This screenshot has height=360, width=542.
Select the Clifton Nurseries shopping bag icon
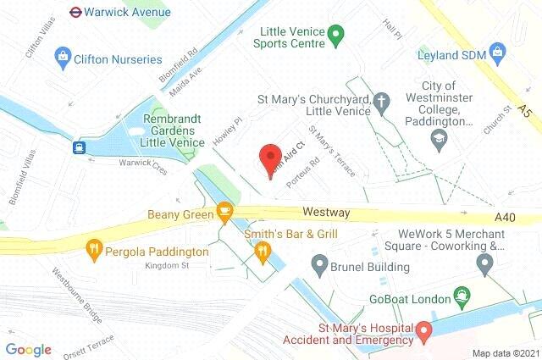click(62, 58)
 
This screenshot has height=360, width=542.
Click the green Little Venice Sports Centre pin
click(335, 36)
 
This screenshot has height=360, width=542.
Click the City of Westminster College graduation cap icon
click(439, 139)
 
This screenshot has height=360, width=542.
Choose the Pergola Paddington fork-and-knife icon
click(95, 250)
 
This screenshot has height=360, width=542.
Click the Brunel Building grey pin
click(319, 266)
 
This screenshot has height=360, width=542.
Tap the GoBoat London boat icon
click(462, 296)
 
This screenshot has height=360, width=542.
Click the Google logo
click(29, 349)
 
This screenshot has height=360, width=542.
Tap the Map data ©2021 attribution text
click(504, 352)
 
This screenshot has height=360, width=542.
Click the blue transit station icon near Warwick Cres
click(79, 147)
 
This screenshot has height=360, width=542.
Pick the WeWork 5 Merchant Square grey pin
click(484, 264)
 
